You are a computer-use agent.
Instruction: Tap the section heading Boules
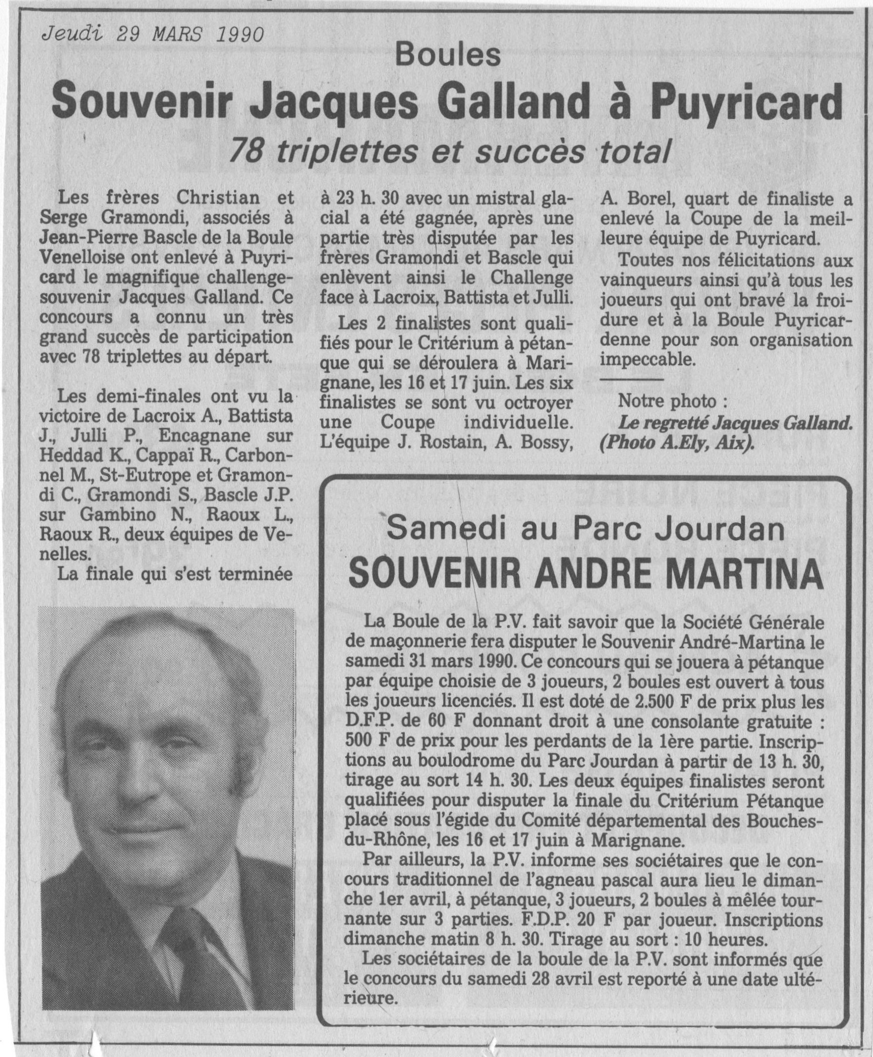447,56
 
